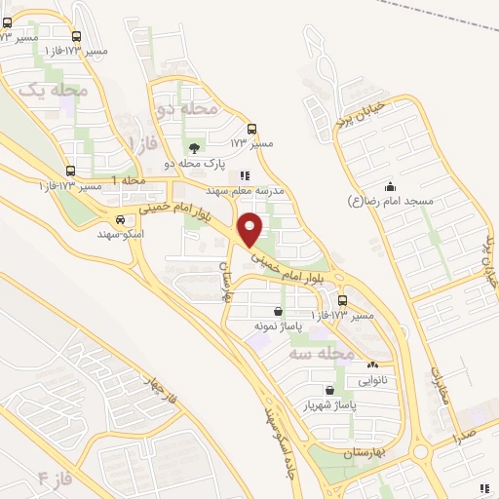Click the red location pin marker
coord(251,230)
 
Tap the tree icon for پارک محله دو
coord(194,149)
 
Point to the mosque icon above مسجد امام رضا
coord(391,186)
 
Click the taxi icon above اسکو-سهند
coord(120,220)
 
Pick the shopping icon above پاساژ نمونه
coord(279,311)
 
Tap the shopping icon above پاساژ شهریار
coord(328,390)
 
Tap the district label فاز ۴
coord(55,478)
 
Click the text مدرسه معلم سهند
coord(250,191)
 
